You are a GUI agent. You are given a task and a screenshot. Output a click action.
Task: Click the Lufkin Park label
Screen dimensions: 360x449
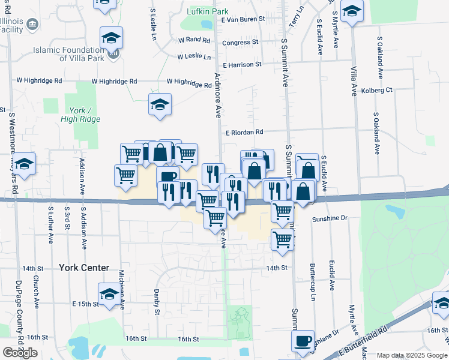point(208,11)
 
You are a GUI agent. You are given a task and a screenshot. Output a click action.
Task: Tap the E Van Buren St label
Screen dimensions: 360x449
point(243,20)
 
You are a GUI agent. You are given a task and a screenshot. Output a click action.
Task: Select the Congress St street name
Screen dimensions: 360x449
point(240,43)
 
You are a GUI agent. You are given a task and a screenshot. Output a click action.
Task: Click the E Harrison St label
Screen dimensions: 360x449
point(242,64)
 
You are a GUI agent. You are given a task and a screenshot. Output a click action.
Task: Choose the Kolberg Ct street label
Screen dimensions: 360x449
point(377,90)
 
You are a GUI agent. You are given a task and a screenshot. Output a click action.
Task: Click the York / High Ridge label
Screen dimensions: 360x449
point(80,115)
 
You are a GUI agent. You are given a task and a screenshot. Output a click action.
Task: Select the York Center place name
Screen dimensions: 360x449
point(84,268)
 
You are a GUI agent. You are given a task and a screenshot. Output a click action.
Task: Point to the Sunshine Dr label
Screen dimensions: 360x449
point(330,219)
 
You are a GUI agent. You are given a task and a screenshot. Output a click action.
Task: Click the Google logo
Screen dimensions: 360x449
point(20,353)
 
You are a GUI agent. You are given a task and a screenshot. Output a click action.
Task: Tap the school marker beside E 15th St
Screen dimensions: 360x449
point(109,295)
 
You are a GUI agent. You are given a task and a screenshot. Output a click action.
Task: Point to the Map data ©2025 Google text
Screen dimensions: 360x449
point(412,355)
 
